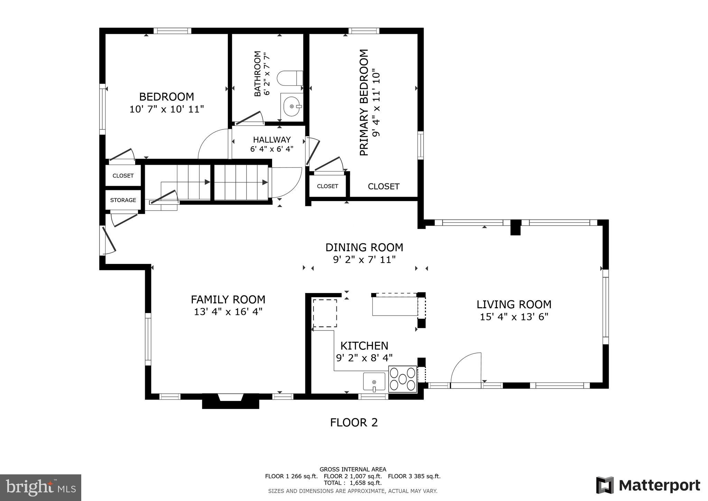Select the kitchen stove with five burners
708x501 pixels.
click(402, 379)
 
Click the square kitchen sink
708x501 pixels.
click(374, 382)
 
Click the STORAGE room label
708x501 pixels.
click(123, 200)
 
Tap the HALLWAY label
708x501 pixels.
click(272, 140)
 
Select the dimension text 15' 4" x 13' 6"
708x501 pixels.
click(514, 317)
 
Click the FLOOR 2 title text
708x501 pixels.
click(354, 422)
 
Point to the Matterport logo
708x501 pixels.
click(648, 485)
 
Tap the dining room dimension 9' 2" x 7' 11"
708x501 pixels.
click(364, 259)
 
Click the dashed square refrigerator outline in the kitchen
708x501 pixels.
click(325, 313)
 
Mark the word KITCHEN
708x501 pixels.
click(364, 346)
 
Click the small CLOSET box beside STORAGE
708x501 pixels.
click(123, 176)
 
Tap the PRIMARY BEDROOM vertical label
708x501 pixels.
click(364, 102)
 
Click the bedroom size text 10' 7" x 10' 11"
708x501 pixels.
click(167, 109)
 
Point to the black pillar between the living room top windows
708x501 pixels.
click(515, 227)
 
